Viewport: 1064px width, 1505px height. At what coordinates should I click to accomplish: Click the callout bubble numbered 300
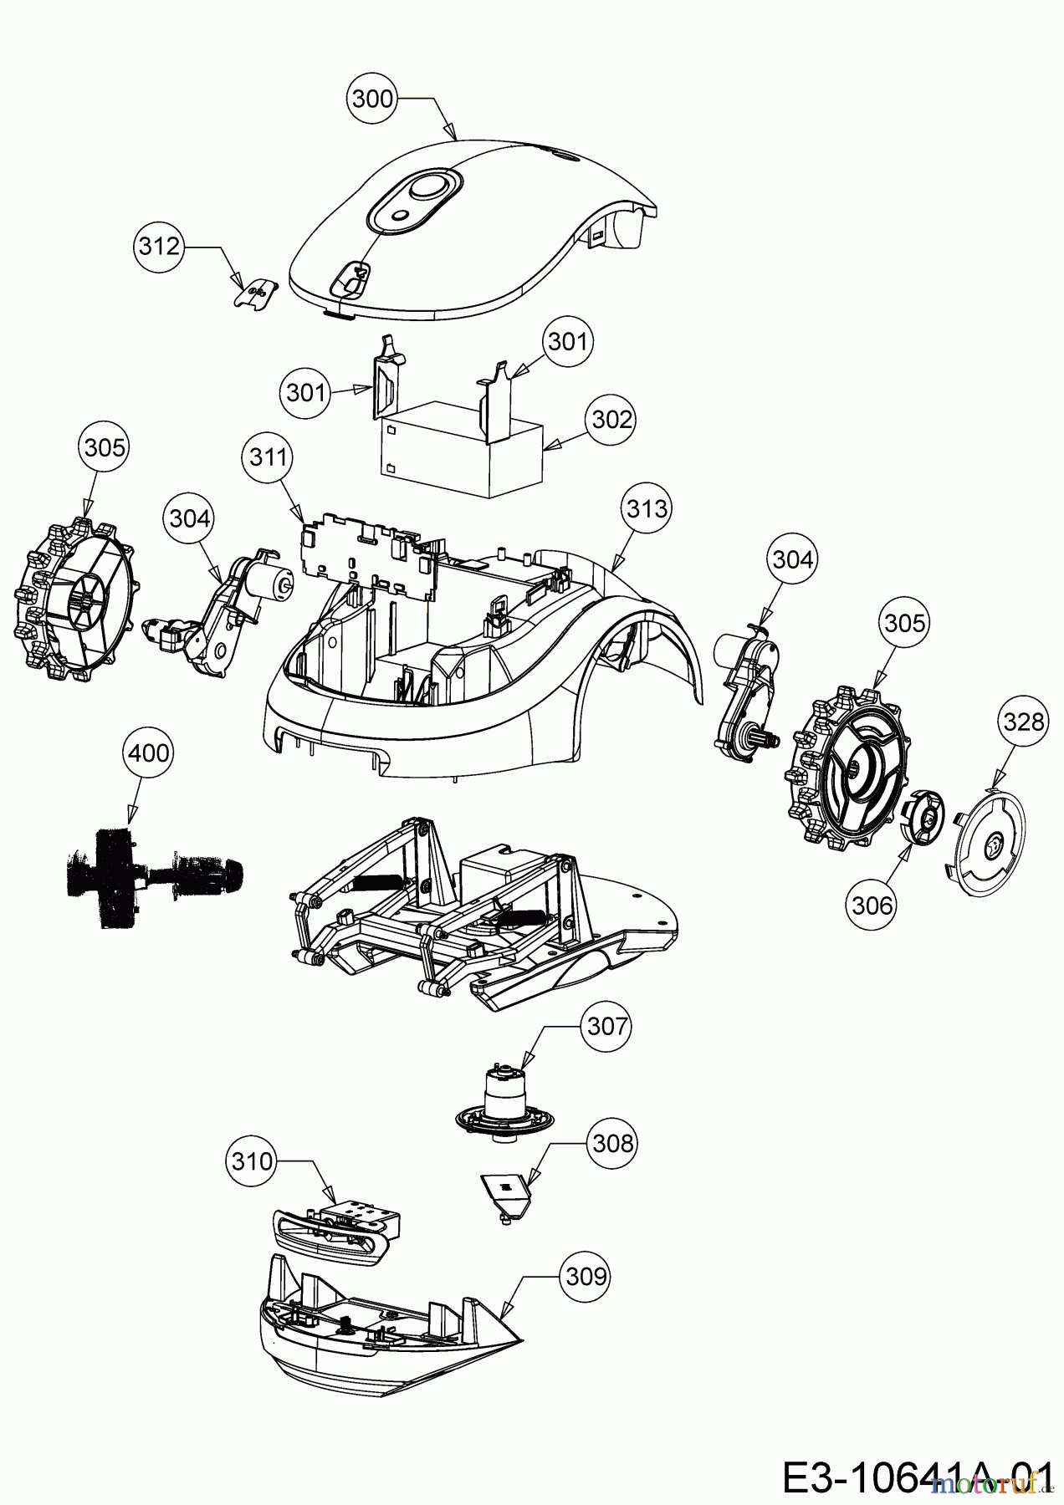click(372, 99)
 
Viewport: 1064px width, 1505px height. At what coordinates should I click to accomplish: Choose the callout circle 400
click(148, 753)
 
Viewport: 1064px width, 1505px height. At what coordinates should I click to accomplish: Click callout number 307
click(606, 1025)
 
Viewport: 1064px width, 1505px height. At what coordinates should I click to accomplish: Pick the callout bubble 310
click(250, 1161)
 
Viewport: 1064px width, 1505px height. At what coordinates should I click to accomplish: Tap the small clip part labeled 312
click(253, 293)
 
